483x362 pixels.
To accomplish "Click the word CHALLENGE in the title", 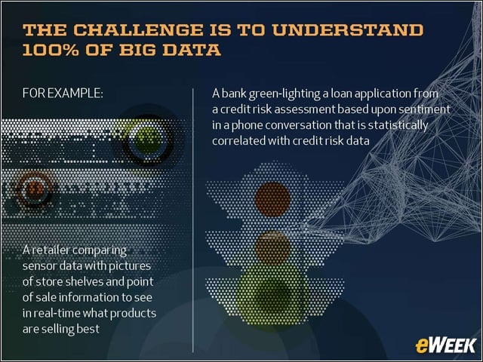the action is [x=138, y=30].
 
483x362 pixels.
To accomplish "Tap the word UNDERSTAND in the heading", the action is [x=347, y=30].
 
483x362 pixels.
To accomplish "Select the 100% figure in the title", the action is [x=51, y=50].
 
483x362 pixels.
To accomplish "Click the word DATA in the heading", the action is [x=191, y=50].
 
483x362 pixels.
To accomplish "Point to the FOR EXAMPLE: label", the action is [x=63, y=94].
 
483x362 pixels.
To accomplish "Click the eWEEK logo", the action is [x=445, y=345].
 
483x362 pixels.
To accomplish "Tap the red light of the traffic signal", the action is [x=272, y=199].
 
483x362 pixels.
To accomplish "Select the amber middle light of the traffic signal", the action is [x=272, y=248].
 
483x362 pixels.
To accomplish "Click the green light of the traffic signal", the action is [x=272, y=292].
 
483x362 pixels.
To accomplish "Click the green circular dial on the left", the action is [x=147, y=141].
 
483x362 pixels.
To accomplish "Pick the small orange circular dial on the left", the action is [x=34, y=189].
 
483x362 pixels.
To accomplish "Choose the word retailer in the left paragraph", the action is [x=49, y=250].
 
